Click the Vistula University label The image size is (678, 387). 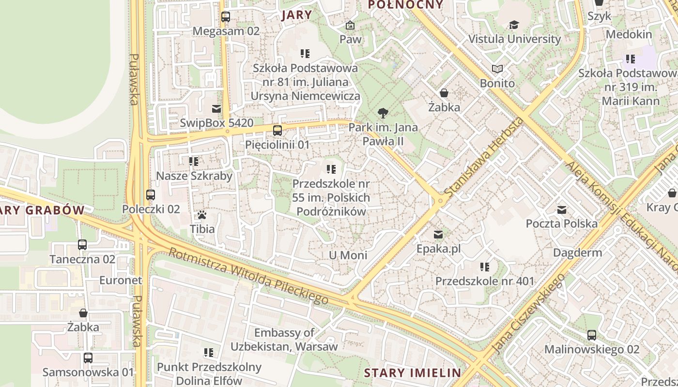pyautogui.click(x=514, y=39)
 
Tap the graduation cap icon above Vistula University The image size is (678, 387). pyautogui.click(x=514, y=25)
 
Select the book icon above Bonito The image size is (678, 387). pyautogui.click(x=497, y=69)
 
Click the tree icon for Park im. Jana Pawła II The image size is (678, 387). pyautogui.click(x=383, y=114)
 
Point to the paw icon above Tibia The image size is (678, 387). pyautogui.click(x=202, y=214)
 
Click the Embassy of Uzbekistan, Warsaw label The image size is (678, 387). pyautogui.click(x=284, y=340)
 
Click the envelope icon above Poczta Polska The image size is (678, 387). pyautogui.click(x=562, y=210)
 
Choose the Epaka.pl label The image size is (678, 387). pyautogui.click(x=438, y=249)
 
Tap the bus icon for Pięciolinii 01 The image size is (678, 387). pyautogui.click(x=277, y=130)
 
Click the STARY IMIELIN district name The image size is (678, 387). pyautogui.click(x=412, y=373)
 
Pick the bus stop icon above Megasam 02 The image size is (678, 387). pyautogui.click(x=226, y=17)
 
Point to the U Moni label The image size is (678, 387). pyautogui.click(x=348, y=255)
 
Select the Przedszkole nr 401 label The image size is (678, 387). pyautogui.click(x=484, y=281)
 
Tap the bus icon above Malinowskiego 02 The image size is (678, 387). pyautogui.click(x=591, y=335)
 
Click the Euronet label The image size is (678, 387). pyautogui.click(x=121, y=280)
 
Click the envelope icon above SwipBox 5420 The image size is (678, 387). pyautogui.click(x=216, y=109)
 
